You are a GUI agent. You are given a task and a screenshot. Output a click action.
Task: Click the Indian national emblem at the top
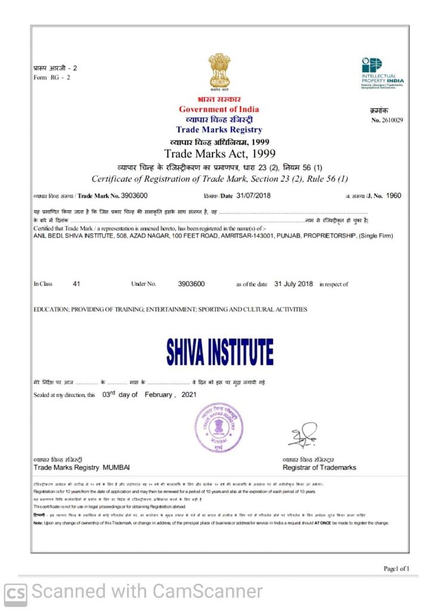tap(219, 71)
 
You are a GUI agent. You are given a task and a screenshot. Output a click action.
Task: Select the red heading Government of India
tap(219, 109)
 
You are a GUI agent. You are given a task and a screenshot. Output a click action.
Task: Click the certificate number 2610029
tap(392, 120)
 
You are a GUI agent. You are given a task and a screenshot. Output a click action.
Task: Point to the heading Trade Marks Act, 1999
tap(219, 154)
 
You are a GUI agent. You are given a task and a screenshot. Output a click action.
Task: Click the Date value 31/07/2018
tap(254, 195)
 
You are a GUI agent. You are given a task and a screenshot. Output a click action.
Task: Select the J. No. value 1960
tap(394, 195)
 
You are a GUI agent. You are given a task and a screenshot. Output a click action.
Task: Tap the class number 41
tap(76, 284)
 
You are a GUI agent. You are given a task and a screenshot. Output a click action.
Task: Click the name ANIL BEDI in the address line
tap(47, 236)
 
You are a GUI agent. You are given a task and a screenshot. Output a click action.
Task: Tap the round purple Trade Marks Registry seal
tap(219, 428)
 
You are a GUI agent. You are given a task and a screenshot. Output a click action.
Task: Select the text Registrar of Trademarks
tap(319, 467)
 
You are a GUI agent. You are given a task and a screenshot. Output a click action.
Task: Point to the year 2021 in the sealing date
tap(189, 395)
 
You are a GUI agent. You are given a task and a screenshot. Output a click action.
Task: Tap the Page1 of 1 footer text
tap(396, 569)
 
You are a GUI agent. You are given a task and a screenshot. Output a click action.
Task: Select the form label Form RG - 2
tap(52, 78)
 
